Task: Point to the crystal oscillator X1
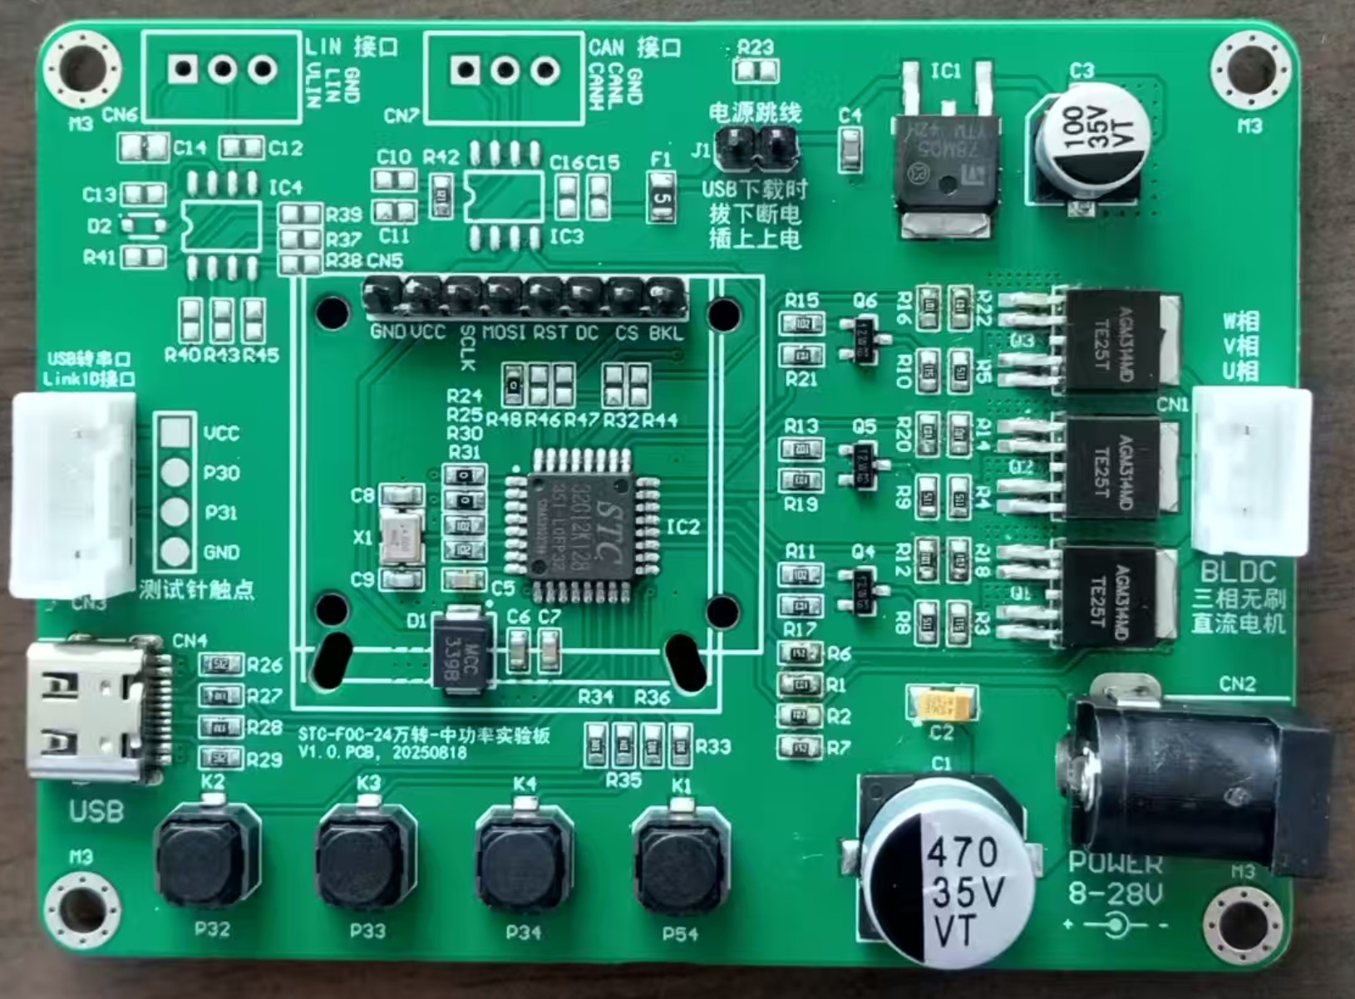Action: tap(401, 536)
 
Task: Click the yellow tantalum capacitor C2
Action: tap(943, 705)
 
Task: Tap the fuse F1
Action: tap(661, 198)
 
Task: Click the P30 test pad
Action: tap(175, 472)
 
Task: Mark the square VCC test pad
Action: tap(175, 432)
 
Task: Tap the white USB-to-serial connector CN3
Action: tap(73, 495)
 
